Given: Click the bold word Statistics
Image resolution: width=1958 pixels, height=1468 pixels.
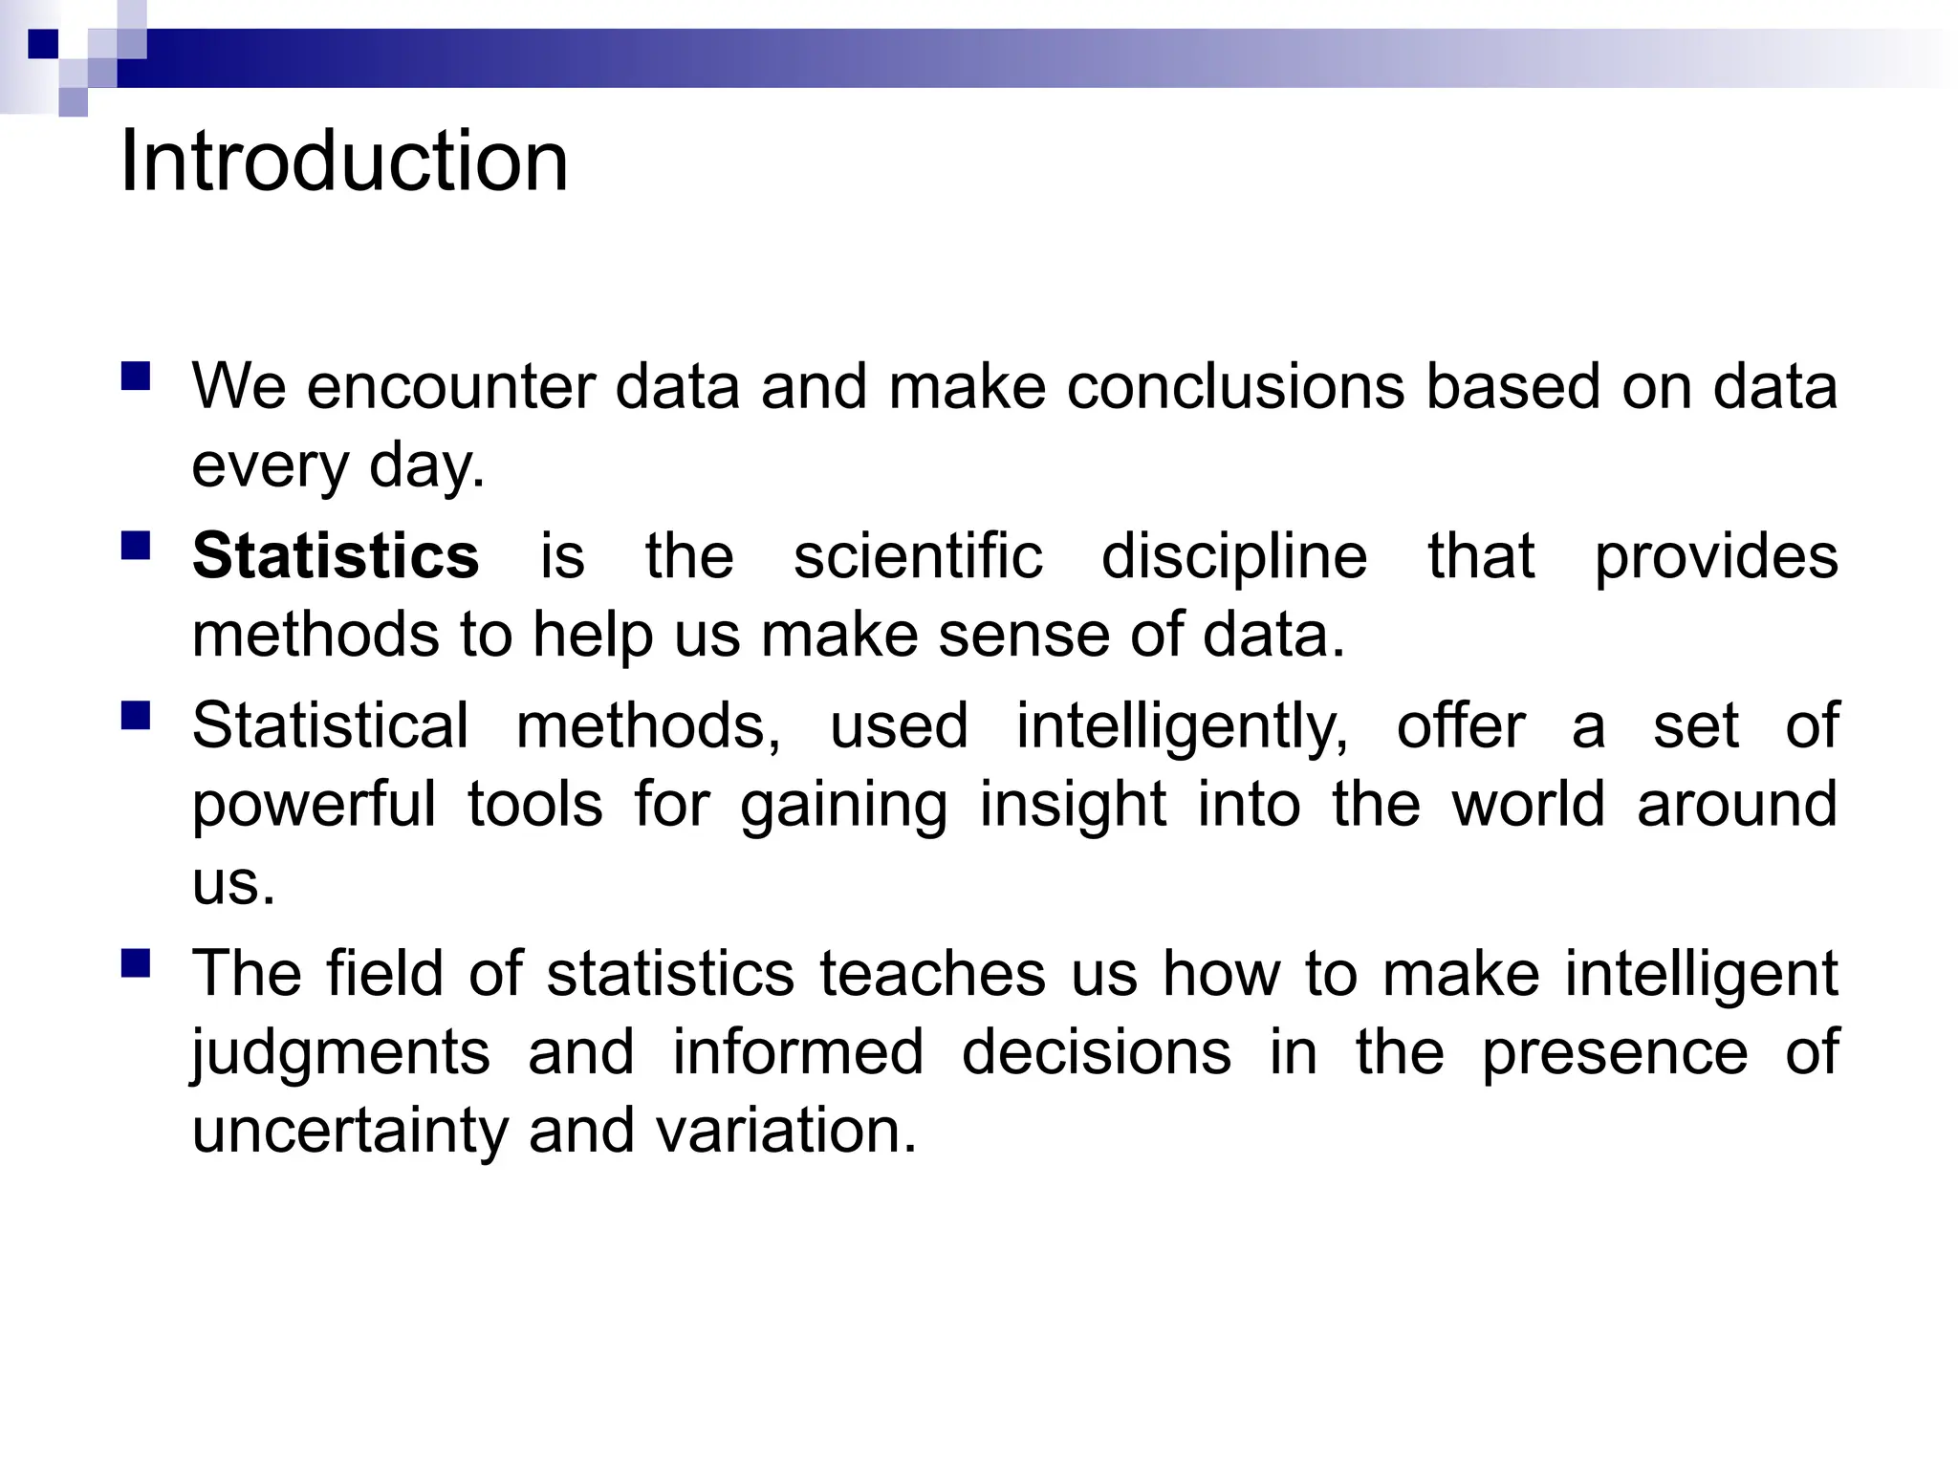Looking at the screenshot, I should pos(336,555).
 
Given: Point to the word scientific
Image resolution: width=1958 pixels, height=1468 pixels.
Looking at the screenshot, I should pos(918,555).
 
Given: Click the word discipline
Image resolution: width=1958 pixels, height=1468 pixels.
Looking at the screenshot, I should pos(1234,557).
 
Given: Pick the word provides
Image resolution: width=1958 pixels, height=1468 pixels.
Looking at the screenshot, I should pos(1716,557).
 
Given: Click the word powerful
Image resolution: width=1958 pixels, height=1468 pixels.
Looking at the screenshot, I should pos(314,804).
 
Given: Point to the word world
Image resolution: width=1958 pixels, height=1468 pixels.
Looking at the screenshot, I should pos(1528,804).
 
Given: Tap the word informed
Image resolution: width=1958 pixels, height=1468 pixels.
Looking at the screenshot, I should pos(798,1052).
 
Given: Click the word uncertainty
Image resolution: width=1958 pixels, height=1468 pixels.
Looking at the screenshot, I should pos(351,1131).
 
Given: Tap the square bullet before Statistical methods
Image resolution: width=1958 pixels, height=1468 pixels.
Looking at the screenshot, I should pos(137,715).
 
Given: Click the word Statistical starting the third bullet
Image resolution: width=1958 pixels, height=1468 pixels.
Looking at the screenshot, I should pos(331,725).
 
